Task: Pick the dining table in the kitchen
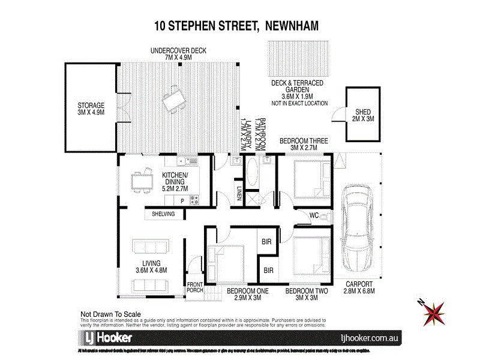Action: (x=142, y=180)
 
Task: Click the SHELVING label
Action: (x=163, y=214)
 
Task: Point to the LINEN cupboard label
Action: (x=238, y=195)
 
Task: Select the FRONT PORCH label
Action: (x=195, y=287)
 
